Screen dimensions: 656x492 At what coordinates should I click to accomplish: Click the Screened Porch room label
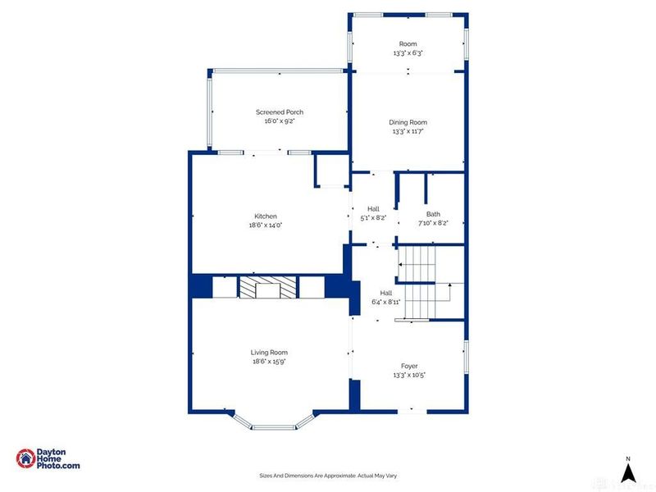point(280,112)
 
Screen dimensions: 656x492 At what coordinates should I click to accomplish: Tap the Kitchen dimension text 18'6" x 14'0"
point(266,225)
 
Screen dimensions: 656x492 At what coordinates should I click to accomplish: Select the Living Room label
point(269,353)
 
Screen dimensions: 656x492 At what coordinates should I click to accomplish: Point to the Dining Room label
point(408,122)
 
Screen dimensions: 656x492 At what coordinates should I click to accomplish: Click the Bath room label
point(433,214)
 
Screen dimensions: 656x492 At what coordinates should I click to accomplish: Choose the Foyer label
point(409,366)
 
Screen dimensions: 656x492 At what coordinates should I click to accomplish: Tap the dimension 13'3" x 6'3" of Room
point(408,53)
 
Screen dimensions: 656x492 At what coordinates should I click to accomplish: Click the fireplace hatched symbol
point(268,287)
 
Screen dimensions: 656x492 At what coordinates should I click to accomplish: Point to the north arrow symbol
point(627,473)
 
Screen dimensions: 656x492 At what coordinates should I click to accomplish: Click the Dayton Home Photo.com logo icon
point(25,458)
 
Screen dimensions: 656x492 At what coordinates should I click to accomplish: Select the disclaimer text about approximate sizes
point(328,476)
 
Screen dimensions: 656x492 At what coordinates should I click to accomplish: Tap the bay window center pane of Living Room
point(274,427)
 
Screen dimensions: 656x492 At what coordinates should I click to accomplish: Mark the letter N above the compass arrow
point(628,459)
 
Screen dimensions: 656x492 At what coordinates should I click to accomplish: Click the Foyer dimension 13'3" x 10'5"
point(409,376)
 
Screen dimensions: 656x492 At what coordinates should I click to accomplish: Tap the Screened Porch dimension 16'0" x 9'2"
point(280,121)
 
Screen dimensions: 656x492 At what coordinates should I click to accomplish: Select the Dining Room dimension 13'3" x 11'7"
point(408,131)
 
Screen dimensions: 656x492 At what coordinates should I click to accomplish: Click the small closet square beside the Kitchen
point(332,171)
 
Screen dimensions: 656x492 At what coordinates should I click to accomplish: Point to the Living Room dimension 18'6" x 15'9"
point(269,362)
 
